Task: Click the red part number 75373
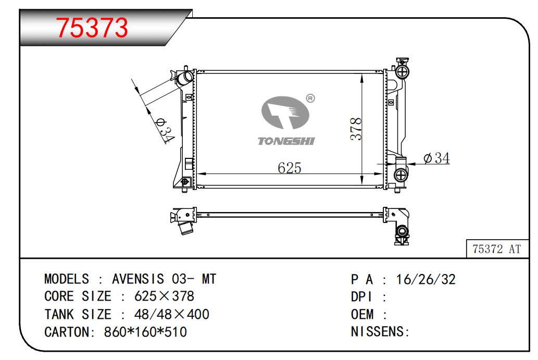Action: click(x=92, y=28)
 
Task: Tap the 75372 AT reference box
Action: click(x=497, y=249)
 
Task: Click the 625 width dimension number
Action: click(x=289, y=168)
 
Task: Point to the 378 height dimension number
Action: click(x=356, y=129)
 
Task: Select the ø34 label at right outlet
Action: click(x=436, y=158)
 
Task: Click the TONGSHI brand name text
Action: click(x=286, y=141)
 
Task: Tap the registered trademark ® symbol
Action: click(x=310, y=98)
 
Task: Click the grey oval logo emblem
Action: click(x=285, y=112)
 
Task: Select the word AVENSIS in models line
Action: click(x=138, y=279)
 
